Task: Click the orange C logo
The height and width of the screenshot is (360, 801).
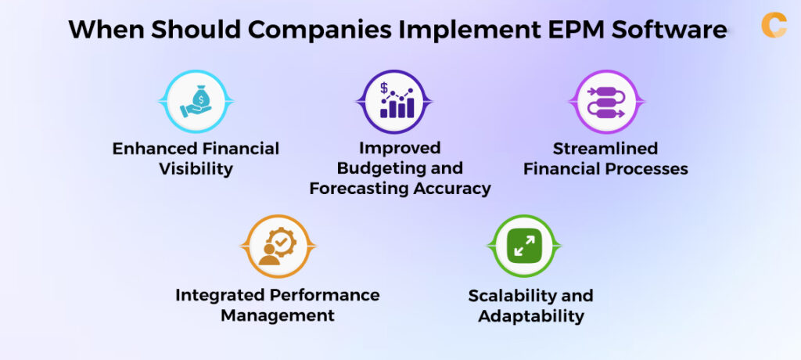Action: click(773, 24)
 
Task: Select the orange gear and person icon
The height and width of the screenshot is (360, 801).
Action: click(277, 246)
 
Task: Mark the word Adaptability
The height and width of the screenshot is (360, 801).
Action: click(531, 316)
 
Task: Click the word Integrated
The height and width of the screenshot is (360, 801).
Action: click(224, 295)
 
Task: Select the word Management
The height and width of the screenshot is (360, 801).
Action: click(277, 316)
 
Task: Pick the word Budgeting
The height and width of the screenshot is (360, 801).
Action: click(369, 168)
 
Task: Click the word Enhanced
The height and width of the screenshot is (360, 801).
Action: click(149, 148)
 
